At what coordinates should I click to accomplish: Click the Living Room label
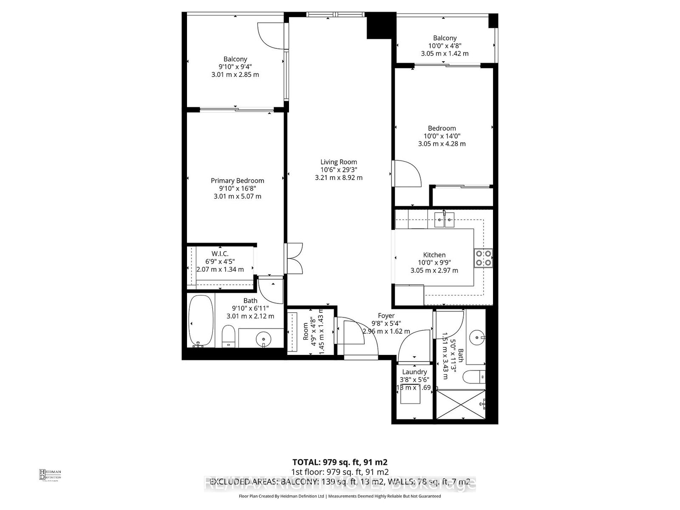(x=339, y=162)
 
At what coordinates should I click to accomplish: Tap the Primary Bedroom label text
(x=237, y=181)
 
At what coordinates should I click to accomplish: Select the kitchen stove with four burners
(x=483, y=258)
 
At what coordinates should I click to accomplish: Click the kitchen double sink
(x=444, y=220)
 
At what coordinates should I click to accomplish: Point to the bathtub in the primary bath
(x=201, y=321)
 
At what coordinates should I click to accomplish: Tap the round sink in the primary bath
(x=263, y=339)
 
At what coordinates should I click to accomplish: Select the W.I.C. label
(x=220, y=254)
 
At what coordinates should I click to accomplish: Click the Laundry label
(x=414, y=372)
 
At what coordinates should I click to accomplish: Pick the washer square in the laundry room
(x=411, y=395)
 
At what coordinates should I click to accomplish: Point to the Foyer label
(x=386, y=316)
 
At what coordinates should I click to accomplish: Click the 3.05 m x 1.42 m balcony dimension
(x=445, y=54)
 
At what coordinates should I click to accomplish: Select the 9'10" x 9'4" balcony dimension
(x=235, y=67)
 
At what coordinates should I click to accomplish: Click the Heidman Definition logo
(x=50, y=475)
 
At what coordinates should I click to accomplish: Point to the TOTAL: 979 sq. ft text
(x=340, y=462)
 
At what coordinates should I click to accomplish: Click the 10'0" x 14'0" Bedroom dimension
(x=442, y=136)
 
